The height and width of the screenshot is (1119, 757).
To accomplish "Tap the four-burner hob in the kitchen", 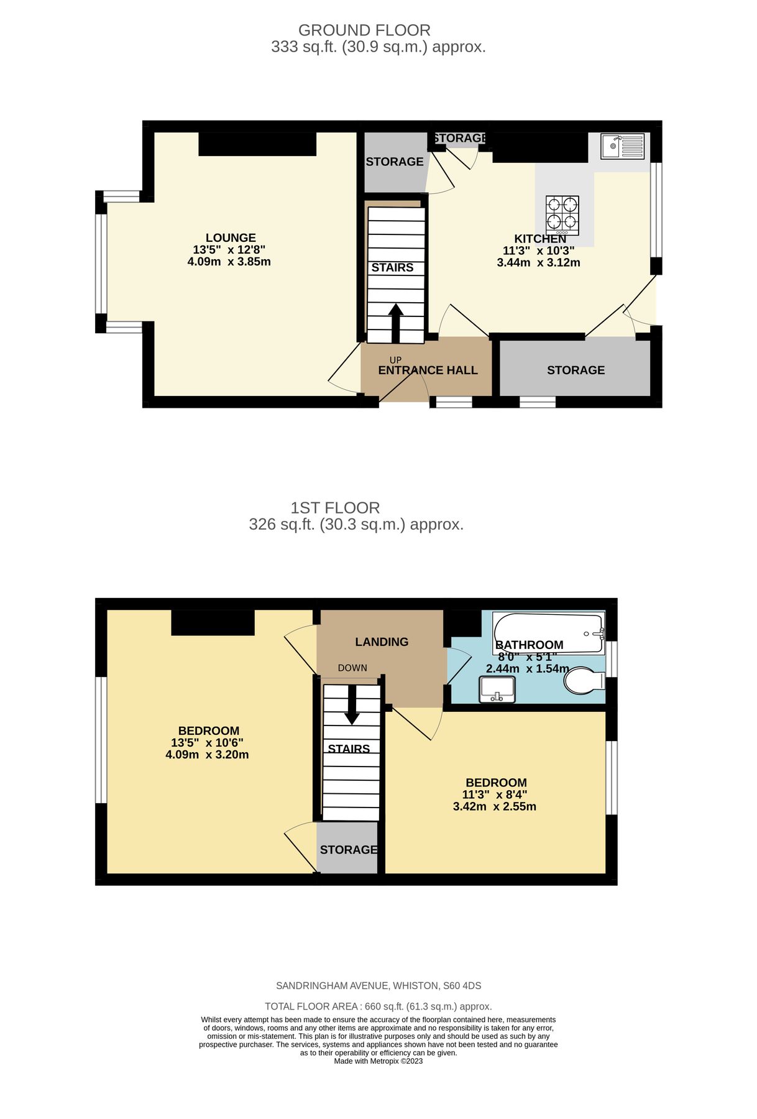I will pos(562,215).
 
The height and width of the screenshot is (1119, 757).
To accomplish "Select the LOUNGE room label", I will pos(231,237).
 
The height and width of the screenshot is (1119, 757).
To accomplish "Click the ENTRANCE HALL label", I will pos(428,371).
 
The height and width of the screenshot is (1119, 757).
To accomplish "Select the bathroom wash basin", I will pos(497,689).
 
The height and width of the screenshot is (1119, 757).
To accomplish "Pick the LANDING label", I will pos(382,642).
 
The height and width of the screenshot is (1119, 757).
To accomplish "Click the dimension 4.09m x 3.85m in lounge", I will pos(229,262).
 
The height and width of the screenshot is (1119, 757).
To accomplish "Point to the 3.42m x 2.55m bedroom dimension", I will pos(494,807).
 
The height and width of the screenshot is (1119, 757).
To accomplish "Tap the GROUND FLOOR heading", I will pos(364,30).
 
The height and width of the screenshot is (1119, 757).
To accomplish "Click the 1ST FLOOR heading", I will pos(335,508).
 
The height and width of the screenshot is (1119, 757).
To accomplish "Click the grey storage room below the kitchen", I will pos(575,371).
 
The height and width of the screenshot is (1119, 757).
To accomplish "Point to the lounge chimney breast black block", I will pos(257,144).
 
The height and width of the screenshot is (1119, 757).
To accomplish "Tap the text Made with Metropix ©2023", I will pos(378,1061).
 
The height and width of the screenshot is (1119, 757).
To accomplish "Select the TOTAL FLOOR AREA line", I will pos(378,1006).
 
